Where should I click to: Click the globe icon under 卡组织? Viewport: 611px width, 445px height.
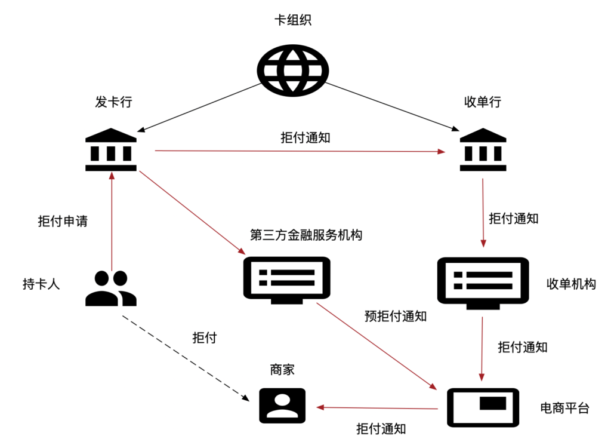coord(292,70)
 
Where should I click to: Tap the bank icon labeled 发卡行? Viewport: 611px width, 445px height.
coord(111,150)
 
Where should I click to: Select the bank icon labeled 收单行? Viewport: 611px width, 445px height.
coord(483,150)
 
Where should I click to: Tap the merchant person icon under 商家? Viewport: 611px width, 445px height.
coord(282,406)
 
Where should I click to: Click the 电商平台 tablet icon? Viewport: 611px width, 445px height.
coord(483,407)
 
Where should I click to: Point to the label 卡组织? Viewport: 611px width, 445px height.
coord(292,21)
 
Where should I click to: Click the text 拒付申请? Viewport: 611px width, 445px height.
coord(63,221)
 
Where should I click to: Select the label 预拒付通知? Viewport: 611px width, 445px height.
coord(395,317)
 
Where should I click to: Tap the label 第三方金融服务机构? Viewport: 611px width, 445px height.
coord(306,235)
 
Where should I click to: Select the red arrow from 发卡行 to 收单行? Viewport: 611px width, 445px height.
coord(298,151)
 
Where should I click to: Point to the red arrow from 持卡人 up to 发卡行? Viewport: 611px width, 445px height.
coord(111,221)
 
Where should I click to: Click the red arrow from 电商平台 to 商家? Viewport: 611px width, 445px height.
coord(379,408)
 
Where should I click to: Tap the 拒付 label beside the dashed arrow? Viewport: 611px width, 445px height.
coord(204,338)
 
